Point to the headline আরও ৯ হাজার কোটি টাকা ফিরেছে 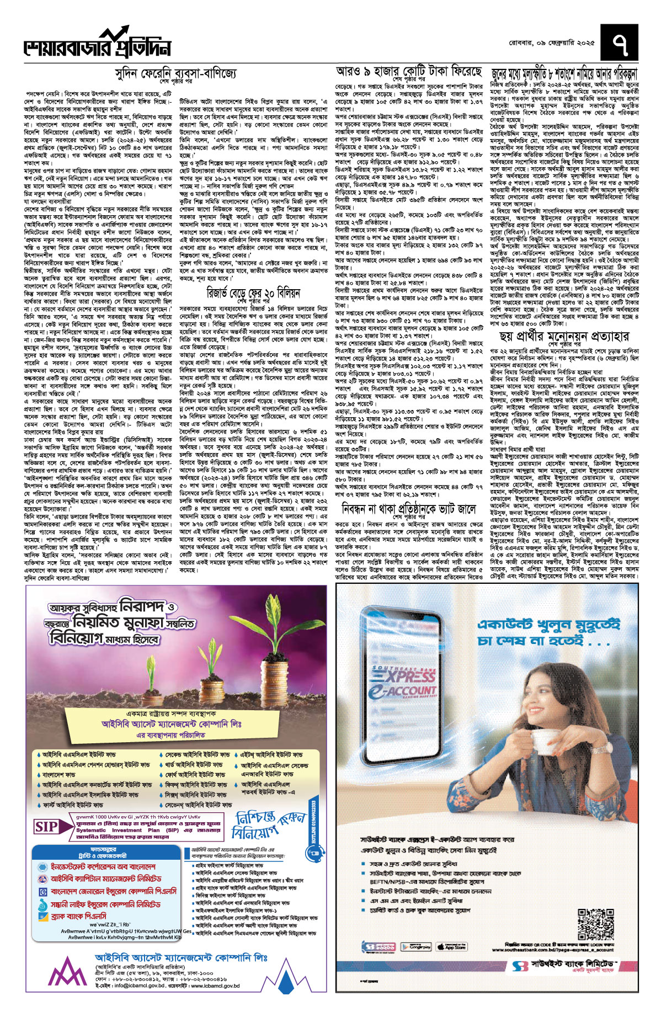point(409,72)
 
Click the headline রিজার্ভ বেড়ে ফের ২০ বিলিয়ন point(254,292)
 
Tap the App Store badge point(452,947)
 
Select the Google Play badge point(416,947)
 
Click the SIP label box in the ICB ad point(47,827)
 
